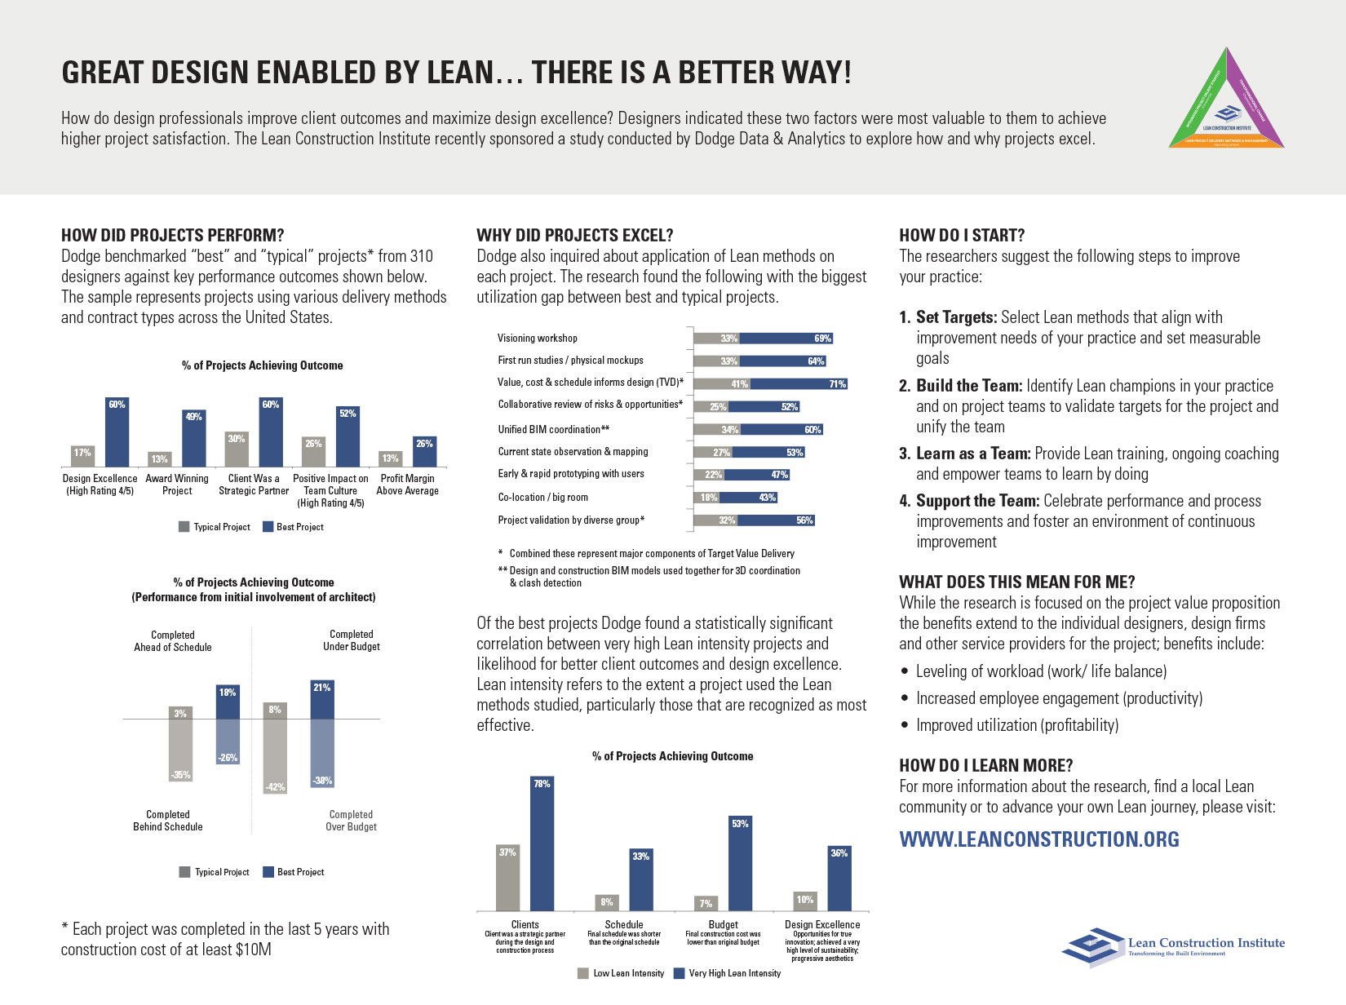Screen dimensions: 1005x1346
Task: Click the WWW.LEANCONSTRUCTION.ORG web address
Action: point(1038,839)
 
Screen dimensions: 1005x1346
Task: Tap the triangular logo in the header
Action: point(1227,100)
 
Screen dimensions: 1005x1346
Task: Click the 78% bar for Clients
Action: point(542,843)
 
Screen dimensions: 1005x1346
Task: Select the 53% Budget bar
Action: point(740,863)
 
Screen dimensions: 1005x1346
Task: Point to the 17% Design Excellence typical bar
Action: point(82,456)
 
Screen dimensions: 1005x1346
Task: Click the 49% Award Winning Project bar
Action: point(194,438)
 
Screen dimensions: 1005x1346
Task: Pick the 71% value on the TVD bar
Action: point(837,383)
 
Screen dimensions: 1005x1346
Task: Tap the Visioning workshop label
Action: point(538,338)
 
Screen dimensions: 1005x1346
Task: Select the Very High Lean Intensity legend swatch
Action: point(679,973)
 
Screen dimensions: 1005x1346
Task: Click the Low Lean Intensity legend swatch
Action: point(583,973)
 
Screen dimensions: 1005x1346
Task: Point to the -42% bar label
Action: point(275,786)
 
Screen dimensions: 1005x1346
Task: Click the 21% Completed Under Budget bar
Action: point(322,700)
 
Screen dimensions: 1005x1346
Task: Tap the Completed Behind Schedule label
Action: point(168,821)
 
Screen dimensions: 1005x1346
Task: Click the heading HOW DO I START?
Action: point(962,236)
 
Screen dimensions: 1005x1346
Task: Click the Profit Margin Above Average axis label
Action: point(407,485)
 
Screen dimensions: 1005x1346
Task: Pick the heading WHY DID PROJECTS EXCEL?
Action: point(574,236)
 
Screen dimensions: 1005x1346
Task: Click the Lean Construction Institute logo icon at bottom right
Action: point(1091,946)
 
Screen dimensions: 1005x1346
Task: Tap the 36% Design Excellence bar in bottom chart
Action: point(839,878)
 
